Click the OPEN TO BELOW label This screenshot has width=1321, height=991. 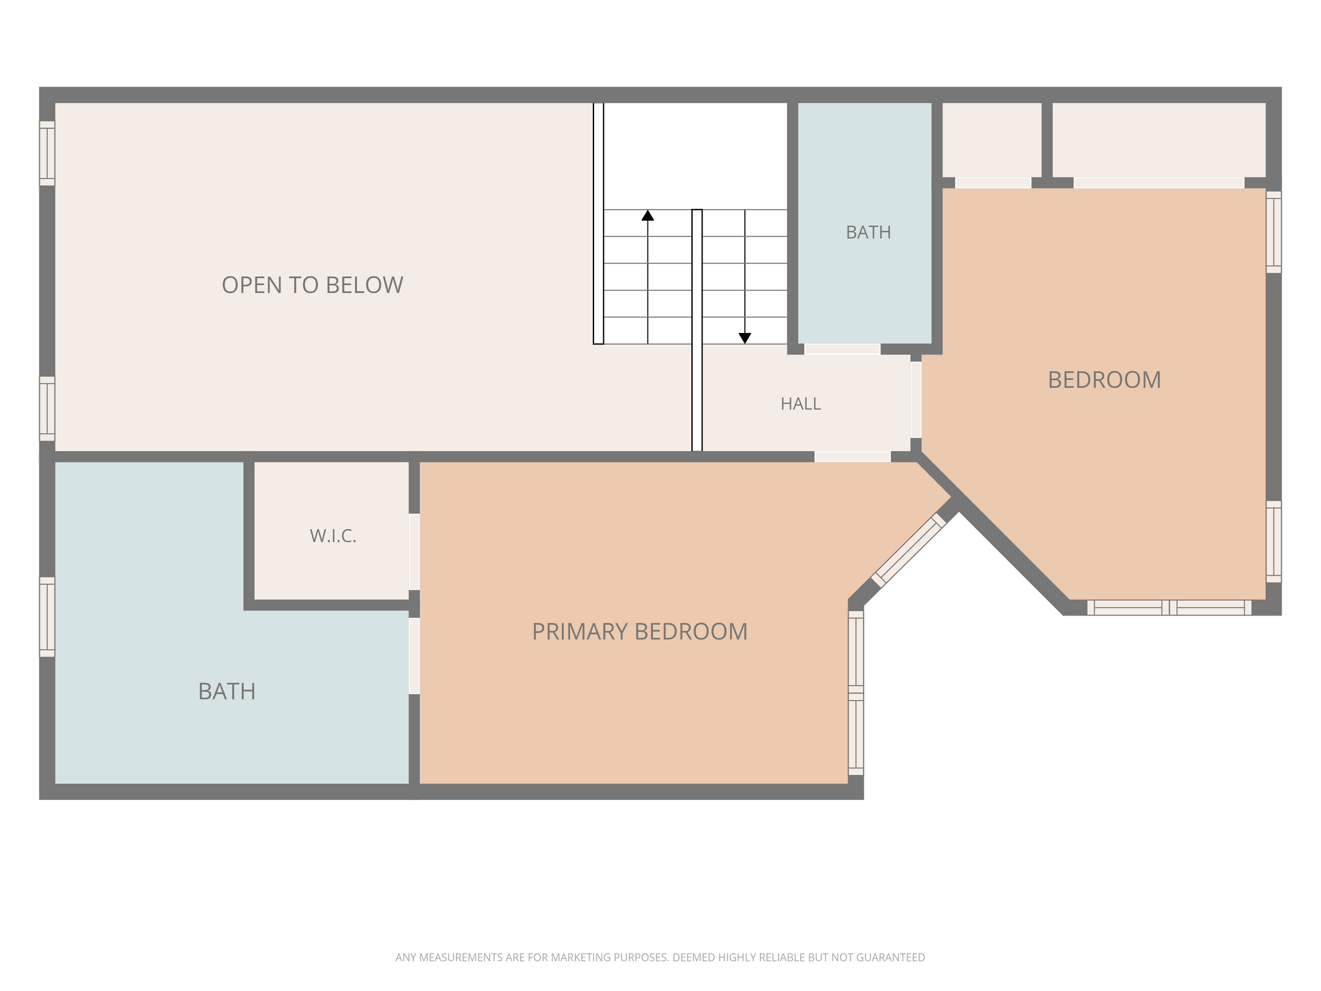[x=312, y=285]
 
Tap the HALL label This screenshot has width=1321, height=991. [x=800, y=404]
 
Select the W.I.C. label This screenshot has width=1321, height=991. [x=333, y=536]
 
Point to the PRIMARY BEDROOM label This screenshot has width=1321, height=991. [x=639, y=632]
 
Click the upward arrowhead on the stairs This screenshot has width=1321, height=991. [x=648, y=215]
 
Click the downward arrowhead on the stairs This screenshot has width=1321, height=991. [x=745, y=338]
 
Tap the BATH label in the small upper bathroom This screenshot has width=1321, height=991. [x=868, y=232]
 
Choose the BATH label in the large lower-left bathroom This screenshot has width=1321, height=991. [x=226, y=692]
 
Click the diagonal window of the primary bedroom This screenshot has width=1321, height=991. [x=908, y=550]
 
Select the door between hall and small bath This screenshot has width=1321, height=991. [x=842, y=349]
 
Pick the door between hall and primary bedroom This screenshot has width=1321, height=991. [x=853, y=457]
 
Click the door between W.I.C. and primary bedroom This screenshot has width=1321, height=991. [x=414, y=552]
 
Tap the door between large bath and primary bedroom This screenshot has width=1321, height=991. [x=414, y=656]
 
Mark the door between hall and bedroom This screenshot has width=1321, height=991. [x=916, y=400]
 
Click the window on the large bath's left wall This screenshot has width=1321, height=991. [x=47, y=617]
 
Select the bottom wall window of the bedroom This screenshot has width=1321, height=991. [x=1169, y=608]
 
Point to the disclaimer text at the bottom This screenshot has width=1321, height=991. [x=660, y=957]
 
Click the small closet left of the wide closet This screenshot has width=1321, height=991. [x=992, y=140]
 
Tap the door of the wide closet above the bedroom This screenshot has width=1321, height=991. [x=1158, y=183]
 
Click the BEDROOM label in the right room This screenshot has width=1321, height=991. [x=1104, y=380]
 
